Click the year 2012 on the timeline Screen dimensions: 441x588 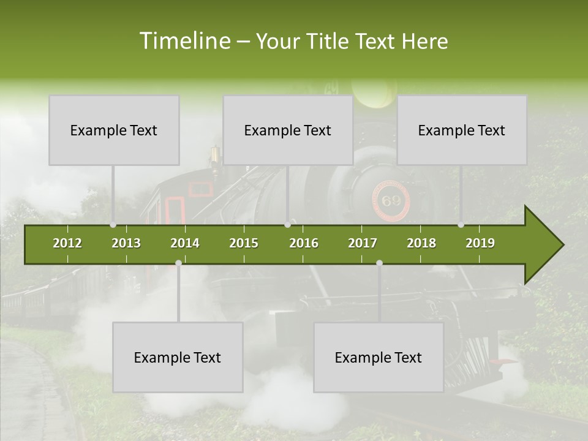click(67, 243)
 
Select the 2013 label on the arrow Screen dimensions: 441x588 click(126, 243)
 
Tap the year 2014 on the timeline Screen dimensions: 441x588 click(185, 243)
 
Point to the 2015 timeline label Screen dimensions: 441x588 click(244, 243)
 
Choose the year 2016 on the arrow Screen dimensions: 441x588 click(304, 243)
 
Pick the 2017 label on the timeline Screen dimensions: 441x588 click(363, 243)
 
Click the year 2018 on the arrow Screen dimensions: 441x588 click(421, 243)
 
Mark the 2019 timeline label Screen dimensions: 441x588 click(480, 243)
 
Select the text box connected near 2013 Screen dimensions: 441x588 click(114, 130)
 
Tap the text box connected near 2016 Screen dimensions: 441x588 click(288, 130)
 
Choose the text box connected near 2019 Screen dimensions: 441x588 click(462, 130)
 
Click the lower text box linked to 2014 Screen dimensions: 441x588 click(178, 357)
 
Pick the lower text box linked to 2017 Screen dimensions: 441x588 click(379, 357)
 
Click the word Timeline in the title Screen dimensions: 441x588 click(184, 41)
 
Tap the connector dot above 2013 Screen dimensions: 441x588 click(113, 225)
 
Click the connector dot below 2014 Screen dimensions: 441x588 click(178, 263)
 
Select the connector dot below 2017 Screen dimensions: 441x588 click(379, 263)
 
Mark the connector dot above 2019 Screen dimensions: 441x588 click(461, 225)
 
